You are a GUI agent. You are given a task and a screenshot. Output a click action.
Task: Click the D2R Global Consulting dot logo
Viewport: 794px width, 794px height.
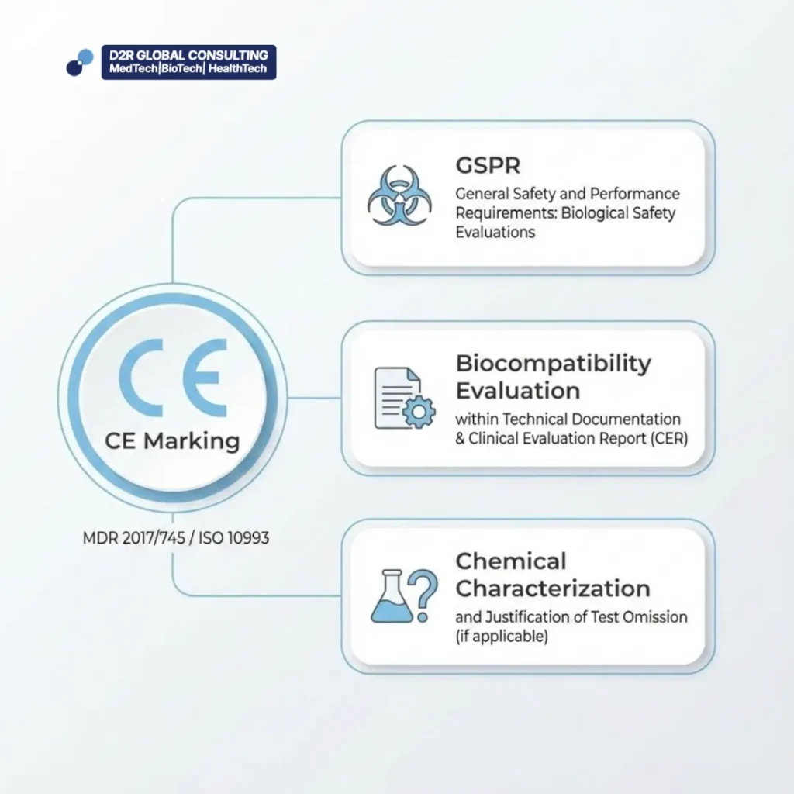coord(80,63)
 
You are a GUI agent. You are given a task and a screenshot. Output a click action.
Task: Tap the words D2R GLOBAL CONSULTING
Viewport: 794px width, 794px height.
coord(188,55)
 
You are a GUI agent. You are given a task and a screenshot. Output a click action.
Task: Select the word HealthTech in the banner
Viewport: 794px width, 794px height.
coord(237,68)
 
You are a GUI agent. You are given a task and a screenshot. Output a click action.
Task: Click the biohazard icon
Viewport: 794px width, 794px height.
coord(399,195)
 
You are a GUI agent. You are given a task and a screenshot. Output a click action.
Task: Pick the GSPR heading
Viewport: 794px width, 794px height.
coord(488,166)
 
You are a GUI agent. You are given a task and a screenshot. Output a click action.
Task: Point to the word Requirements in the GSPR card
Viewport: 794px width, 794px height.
coord(506,214)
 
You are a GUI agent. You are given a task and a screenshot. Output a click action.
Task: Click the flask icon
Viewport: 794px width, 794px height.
coord(392,596)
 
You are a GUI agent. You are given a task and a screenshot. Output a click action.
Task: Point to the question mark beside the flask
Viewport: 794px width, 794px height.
coord(423,595)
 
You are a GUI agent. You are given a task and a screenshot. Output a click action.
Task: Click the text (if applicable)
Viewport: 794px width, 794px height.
coord(502,637)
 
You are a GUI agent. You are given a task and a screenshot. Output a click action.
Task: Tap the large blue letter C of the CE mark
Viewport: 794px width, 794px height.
coord(141,378)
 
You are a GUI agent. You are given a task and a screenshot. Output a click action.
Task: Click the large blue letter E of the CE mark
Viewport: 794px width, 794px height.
coord(205,378)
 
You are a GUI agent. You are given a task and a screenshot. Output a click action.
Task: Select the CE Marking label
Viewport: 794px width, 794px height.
coord(172,441)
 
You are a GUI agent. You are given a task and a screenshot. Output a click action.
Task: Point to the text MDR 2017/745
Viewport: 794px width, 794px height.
coord(133,538)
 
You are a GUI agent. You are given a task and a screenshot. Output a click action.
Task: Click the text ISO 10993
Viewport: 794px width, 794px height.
coord(233,538)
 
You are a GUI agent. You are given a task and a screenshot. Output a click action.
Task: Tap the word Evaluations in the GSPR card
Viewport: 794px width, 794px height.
coord(495,233)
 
